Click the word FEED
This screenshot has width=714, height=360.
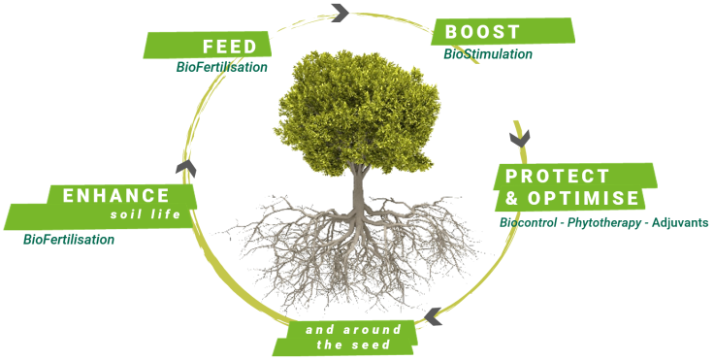pyautogui.click(x=230, y=47)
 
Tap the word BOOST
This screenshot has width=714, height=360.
pyautogui.click(x=482, y=32)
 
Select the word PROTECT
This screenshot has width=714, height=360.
pyautogui.click(x=557, y=176)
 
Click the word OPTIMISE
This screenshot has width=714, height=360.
pyautogui.click(x=583, y=198)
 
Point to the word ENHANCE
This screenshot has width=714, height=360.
pyautogui.click(x=116, y=195)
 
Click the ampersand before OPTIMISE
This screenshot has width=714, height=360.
pyautogui.click(x=512, y=198)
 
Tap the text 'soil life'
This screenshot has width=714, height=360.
pyautogui.click(x=146, y=213)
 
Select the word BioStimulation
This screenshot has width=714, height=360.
pyautogui.click(x=488, y=53)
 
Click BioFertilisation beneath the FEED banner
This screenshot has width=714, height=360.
pyautogui.click(x=222, y=67)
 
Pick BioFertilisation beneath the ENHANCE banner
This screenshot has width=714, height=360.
pyautogui.click(x=69, y=240)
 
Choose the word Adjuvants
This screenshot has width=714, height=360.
pyautogui.click(x=680, y=223)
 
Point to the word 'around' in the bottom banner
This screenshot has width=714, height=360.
pyautogui.click(x=372, y=330)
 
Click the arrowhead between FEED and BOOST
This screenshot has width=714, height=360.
pyautogui.click(x=341, y=13)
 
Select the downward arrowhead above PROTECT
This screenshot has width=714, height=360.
pyautogui.click(x=520, y=139)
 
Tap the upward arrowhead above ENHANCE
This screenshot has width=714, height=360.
pyautogui.click(x=186, y=168)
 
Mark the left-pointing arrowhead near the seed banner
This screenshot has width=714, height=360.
pyautogui.click(x=433, y=316)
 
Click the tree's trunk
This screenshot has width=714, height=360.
pyautogui.click(x=359, y=191)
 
